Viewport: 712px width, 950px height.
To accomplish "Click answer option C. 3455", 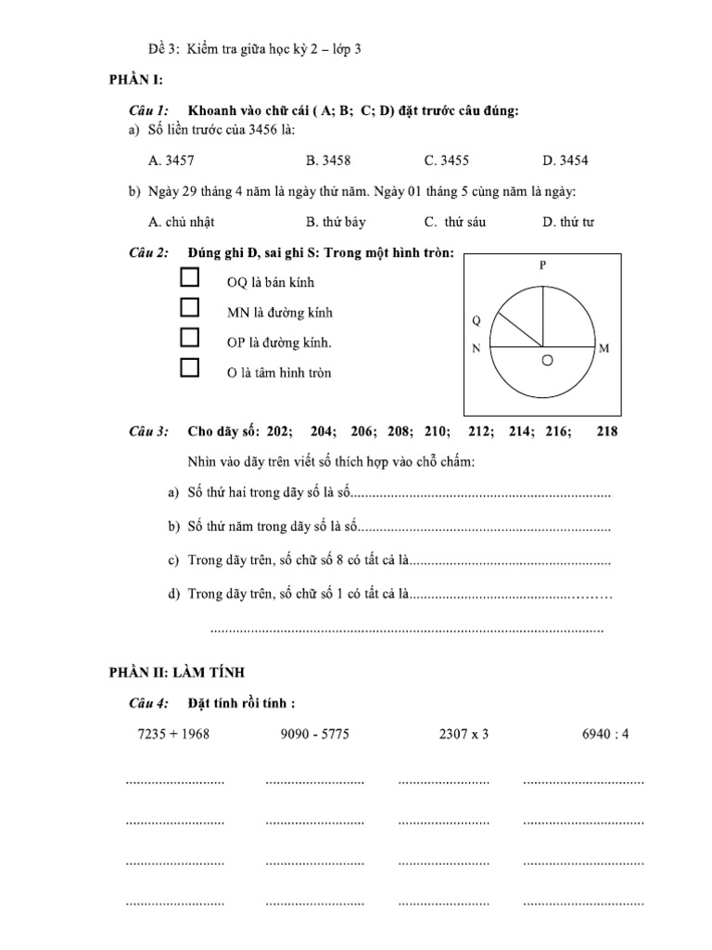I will [x=446, y=160].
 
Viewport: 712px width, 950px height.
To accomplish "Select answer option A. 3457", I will [x=171, y=160].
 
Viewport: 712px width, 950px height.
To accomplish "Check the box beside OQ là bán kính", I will [x=190, y=277].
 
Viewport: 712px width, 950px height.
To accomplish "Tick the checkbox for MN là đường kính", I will [x=190, y=307].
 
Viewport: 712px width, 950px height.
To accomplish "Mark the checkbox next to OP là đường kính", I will [x=190, y=337].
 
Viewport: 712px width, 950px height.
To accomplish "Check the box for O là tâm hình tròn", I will [x=190, y=367].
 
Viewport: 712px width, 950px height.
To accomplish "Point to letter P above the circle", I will [x=543, y=265].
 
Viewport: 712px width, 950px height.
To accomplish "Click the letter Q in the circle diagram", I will [x=477, y=321].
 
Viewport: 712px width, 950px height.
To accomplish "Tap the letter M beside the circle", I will [x=604, y=349].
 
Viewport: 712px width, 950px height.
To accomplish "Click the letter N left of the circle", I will [x=476, y=349].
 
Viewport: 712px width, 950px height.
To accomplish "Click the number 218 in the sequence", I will [x=607, y=431].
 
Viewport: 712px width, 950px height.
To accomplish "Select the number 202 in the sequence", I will [x=278, y=431].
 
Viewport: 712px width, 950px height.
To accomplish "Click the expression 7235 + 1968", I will [x=173, y=734].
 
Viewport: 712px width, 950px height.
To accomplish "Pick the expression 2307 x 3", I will [x=464, y=734].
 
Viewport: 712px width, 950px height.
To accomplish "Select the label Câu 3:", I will [x=148, y=431].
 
